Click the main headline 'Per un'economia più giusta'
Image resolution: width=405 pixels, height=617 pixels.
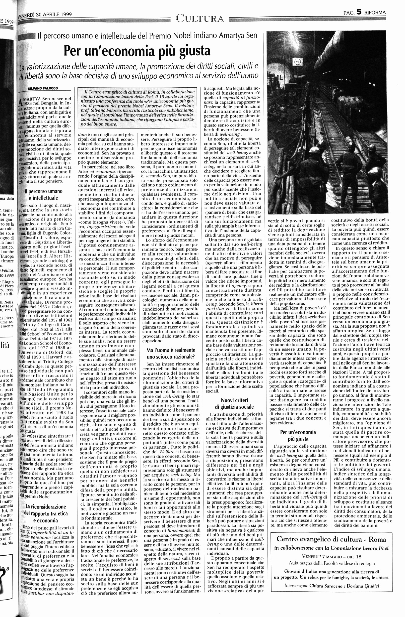click(x=137, y=51)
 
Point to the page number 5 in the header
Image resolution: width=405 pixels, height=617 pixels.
click(x=358, y=12)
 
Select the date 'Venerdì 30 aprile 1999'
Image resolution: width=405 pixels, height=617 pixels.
click(x=45, y=15)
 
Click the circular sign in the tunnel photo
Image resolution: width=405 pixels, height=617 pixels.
click(x=297, y=62)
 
